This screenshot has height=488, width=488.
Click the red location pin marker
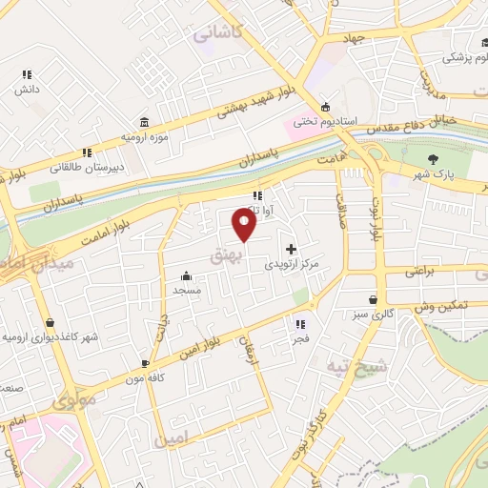pyautogui.click(x=245, y=224)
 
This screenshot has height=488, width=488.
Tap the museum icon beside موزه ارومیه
pyautogui.click(x=144, y=123)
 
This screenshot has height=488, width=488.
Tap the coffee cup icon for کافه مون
pyautogui.click(x=145, y=363)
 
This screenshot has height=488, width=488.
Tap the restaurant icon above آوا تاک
pyautogui.click(x=256, y=195)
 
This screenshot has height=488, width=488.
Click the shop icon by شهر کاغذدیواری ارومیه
pyautogui.click(x=50, y=323)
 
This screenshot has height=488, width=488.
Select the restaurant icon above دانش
pyautogui.click(x=27, y=73)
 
